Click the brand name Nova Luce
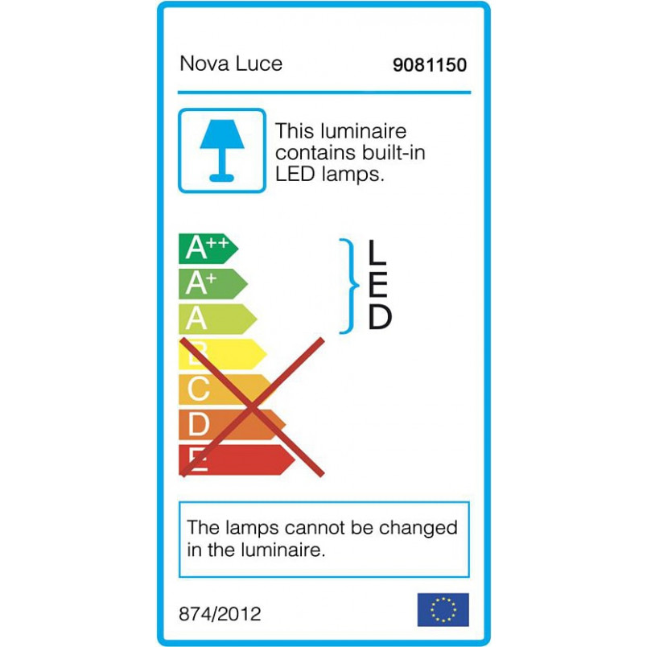231,64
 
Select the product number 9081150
430,65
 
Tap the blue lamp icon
222,150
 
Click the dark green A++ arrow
208,249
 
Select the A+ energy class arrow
213,284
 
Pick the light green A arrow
218,319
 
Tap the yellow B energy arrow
222,354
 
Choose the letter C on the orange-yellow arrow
199,389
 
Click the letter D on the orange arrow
199,424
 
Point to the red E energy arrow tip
295,459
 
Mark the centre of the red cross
252,408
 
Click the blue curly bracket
350,286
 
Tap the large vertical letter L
377,252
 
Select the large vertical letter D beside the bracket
380,317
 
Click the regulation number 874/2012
220,614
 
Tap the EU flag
443,610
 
